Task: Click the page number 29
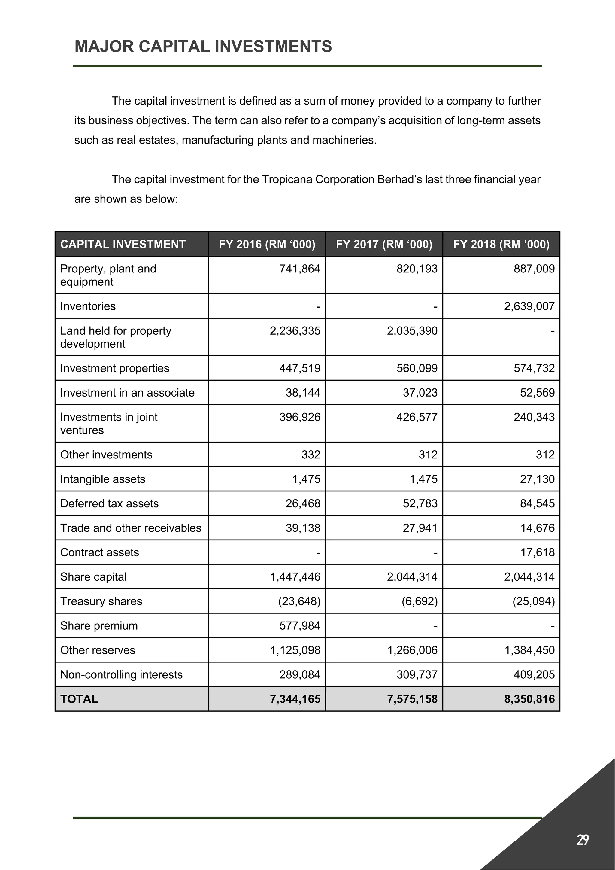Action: coord(583,840)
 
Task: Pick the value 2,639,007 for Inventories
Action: coord(529,306)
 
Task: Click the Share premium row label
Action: coord(99,625)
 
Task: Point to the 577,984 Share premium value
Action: coord(300,625)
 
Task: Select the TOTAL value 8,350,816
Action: coord(529,699)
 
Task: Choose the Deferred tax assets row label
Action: coord(109,503)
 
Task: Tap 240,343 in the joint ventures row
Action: coord(534,417)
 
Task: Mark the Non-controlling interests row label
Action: coord(121,674)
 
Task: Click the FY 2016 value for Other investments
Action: coord(311,455)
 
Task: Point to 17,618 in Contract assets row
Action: coord(537,552)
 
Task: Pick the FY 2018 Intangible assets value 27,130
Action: coord(537,479)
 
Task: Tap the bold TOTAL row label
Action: coord(79,699)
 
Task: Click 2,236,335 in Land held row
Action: coord(295,331)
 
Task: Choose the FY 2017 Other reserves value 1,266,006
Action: coord(412,650)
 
